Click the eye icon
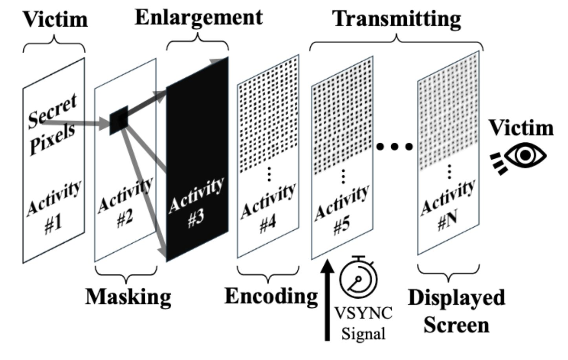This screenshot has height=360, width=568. tap(525, 156)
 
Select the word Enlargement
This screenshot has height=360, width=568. tap(199, 17)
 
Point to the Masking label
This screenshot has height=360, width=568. tap(128, 297)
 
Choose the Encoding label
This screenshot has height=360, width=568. tap(271, 296)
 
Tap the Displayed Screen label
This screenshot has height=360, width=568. tap(457, 311)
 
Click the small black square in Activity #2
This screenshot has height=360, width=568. tap(119, 120)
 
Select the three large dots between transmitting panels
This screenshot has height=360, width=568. tap(394, 147)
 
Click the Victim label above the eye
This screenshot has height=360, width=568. tap(521, 128)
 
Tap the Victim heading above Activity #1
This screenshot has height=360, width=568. tap(55, 19)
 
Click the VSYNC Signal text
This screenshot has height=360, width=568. tap(363, 323)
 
